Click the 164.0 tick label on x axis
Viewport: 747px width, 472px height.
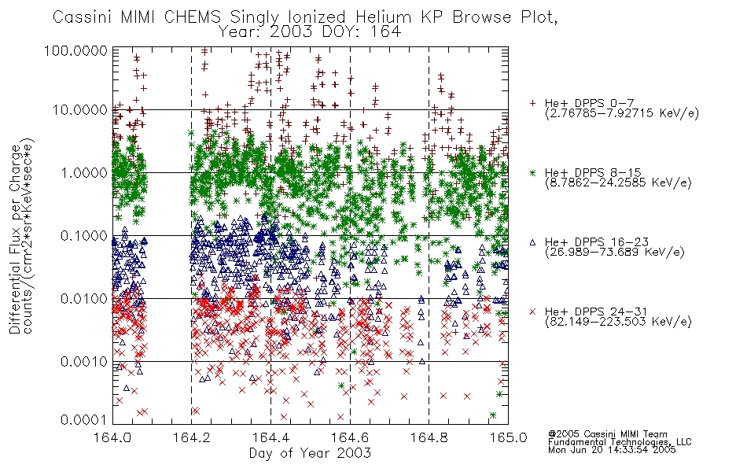click(x=112, y=437)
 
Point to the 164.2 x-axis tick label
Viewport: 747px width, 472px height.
click(x=192, y=437)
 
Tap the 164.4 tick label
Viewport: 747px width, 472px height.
click(x=270, y=437)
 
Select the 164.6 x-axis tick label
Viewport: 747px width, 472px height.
click(x=350, y=437)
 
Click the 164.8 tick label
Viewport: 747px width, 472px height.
click(x=429, y=437)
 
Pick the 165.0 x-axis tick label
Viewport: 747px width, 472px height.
click(x=508, y=437)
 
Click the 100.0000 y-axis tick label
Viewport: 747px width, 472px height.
click(x=75, y=50)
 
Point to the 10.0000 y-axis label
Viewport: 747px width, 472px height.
click(x=80, y=110)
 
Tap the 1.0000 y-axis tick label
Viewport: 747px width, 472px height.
click(x=84, y=172)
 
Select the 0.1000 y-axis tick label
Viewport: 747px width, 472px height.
click(x=84, y=235)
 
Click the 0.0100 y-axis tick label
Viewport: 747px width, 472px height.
click(x=84, y=298)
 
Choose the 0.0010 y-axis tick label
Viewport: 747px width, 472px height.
click(x=84, y=361)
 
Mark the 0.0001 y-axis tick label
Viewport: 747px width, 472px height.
click(x=84, y=419)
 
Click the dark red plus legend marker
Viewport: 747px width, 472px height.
click(x=532, y=103)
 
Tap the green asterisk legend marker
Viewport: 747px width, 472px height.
click(x=532, y=172)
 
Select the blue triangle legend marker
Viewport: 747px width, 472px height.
click(x=532, y=242)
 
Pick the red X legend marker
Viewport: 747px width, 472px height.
click(x=532, y=312)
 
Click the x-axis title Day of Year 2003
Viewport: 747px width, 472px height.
click(x=310, y=453)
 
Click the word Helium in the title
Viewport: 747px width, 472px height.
click(x=383, y=17)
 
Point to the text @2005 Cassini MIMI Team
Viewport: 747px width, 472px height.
click(x=607, y=434)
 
